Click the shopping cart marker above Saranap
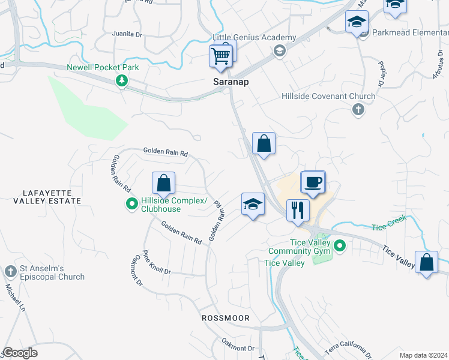[221, 56]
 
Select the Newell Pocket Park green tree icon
[122, 80]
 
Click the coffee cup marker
[312, 182]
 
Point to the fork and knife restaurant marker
[297, 211]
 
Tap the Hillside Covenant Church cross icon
[358, 109]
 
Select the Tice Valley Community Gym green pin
[340, 245]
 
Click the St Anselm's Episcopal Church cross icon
[10, 272]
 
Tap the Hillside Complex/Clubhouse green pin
[132, 205]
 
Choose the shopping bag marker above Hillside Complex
[163, 182]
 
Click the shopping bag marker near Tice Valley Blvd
[426, 263]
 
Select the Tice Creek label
[388, 223]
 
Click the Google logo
[20, 353]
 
